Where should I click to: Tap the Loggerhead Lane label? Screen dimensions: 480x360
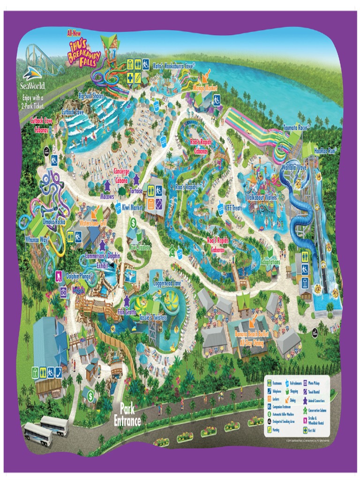click(167, 284)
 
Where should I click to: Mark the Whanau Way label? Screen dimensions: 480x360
click(37, 239)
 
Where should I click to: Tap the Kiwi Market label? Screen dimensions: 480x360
click(132, 207)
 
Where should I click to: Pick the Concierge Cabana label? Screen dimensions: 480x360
click(121, 175)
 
